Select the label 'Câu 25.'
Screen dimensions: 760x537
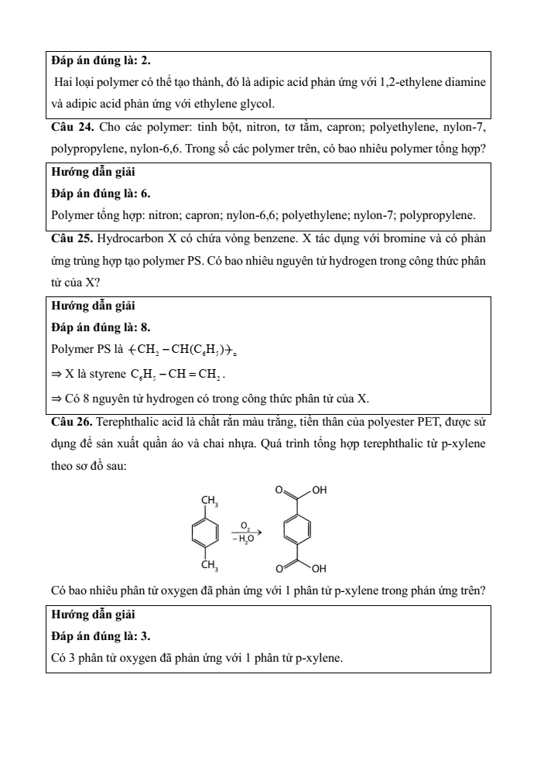point(72,238)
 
